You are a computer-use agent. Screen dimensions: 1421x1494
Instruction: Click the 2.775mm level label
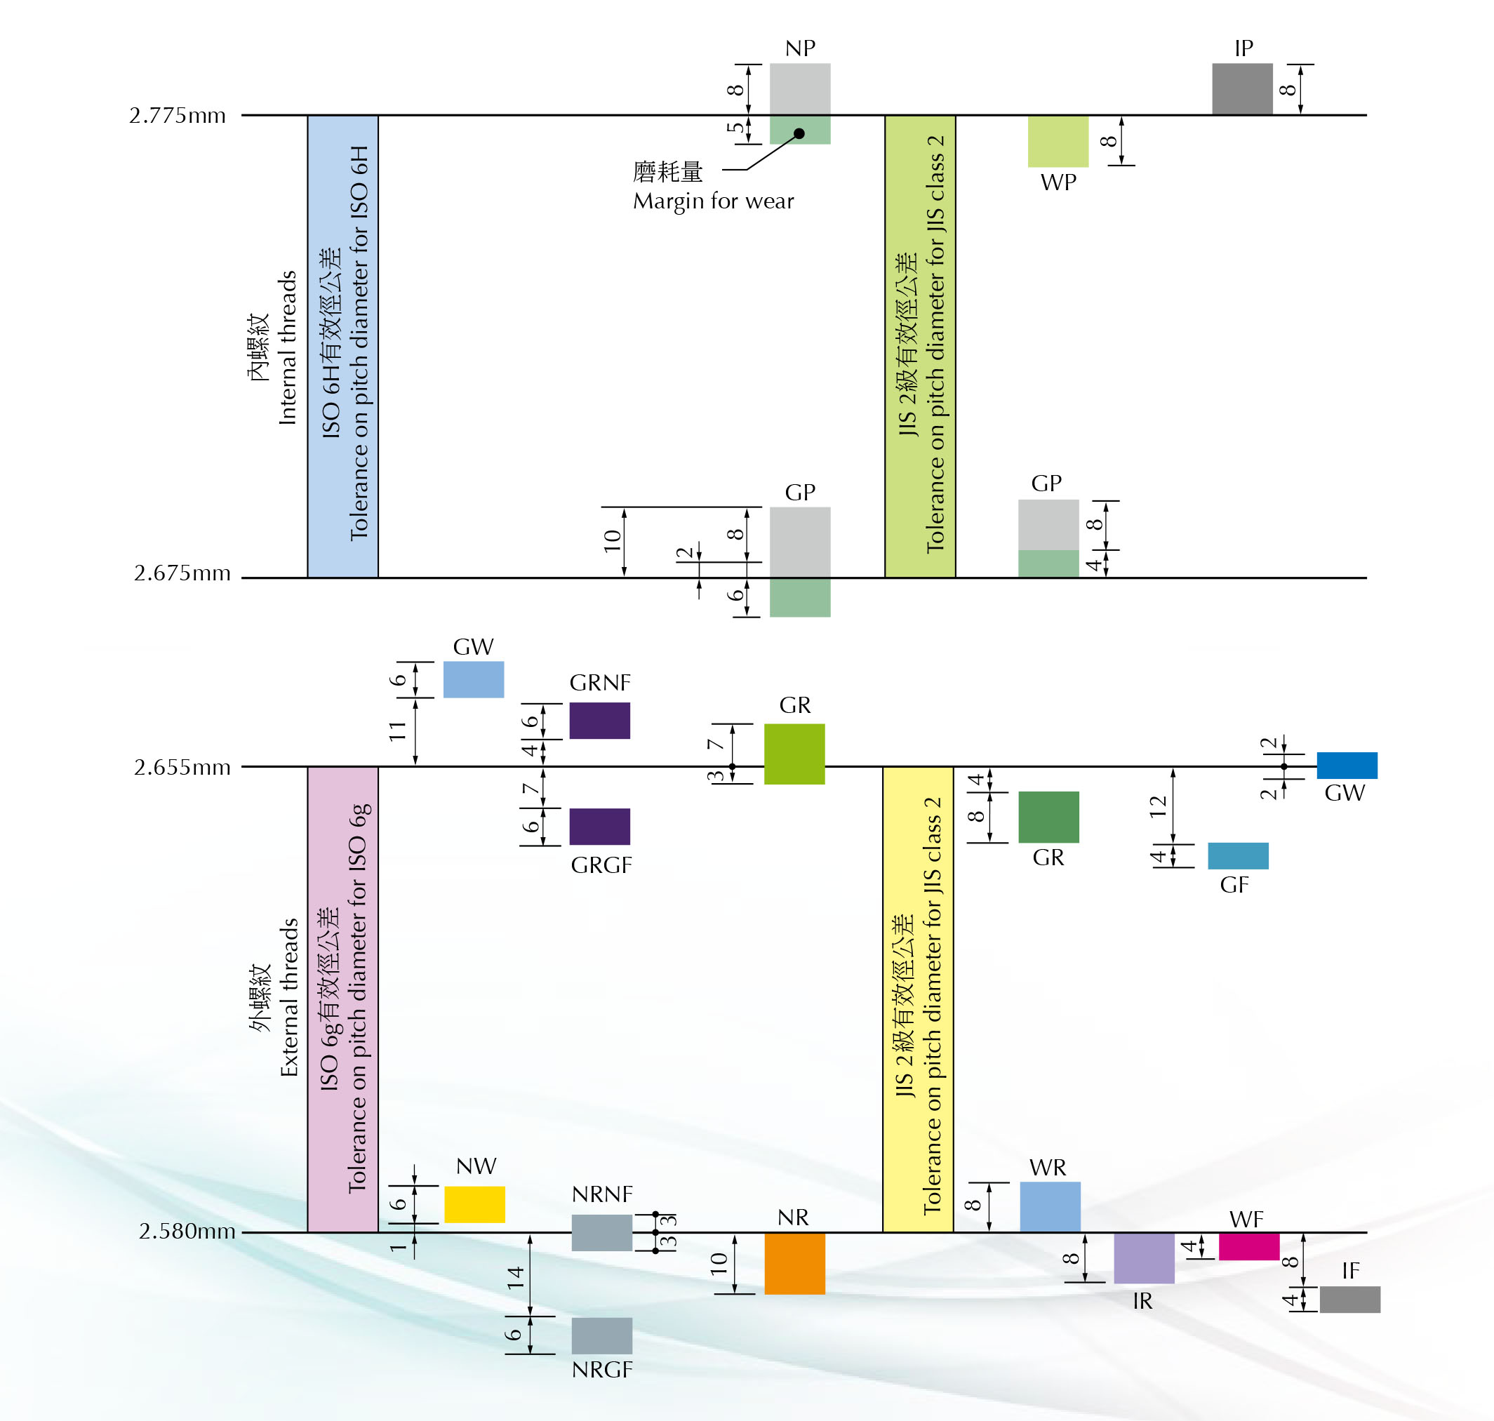coord(178,115)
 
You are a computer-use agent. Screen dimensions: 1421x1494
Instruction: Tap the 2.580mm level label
coord(187,1231)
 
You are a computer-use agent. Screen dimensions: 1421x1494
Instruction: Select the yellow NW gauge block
coord(474,1204)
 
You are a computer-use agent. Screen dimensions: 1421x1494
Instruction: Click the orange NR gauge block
coord(794,1262)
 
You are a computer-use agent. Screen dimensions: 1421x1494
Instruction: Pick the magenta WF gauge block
coord(1248,1246)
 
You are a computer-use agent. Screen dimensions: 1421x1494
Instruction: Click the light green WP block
coord(1058,141)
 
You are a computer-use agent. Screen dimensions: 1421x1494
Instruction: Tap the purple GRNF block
coord(599,721)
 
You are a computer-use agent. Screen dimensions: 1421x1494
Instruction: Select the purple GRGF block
coord(599,827)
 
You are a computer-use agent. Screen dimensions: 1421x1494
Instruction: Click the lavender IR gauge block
coord(1143,1258)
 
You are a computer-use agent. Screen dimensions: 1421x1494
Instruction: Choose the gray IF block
coord(1349,1299)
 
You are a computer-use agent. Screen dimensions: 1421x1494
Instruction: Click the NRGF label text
coord(601,1370)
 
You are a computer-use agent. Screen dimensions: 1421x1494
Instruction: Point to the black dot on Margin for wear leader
coord(799,134)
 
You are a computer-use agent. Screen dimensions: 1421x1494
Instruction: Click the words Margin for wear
coord(713,201)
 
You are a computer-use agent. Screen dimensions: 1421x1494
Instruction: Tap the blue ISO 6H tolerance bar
coord(342,346)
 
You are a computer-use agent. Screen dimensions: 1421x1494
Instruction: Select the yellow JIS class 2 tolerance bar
coord(917,999)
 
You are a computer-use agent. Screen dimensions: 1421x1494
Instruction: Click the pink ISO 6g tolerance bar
coord(342,999)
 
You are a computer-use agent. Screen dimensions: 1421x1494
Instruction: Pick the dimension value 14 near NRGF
coord(516,1278)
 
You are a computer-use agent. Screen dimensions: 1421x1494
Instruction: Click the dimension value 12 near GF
coord(1158,806)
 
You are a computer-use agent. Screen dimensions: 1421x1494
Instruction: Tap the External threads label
coord(288,997)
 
